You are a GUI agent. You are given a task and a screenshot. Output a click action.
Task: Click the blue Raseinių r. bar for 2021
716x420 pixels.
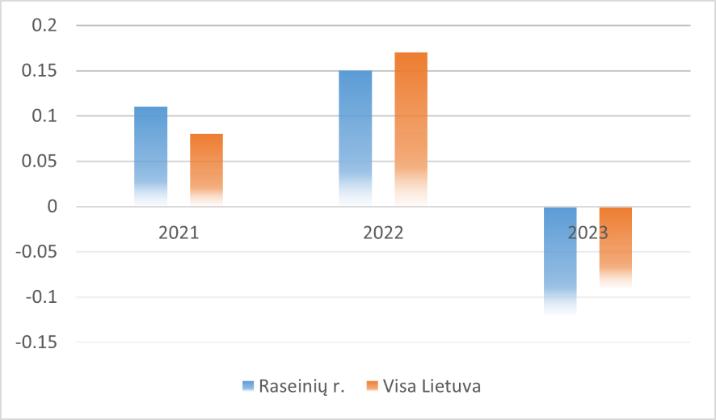click(150, 153)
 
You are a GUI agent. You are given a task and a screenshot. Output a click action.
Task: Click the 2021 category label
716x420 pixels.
click(178, 233)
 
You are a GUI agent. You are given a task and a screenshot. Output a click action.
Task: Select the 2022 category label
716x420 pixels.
click(383, 233)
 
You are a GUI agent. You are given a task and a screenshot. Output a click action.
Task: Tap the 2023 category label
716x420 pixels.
click(588, 233)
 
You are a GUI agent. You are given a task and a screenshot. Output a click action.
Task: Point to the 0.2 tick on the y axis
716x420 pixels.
click(44, 26)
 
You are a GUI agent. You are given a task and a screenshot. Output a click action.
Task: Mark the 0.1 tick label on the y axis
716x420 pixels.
click(44, 116)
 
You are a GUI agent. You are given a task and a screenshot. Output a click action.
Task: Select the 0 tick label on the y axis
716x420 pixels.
click(53, 207)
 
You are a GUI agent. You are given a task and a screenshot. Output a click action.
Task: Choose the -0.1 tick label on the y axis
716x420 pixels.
click(42, 297)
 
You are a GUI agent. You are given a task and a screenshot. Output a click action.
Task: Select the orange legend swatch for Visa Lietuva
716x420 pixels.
click(373, 386)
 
